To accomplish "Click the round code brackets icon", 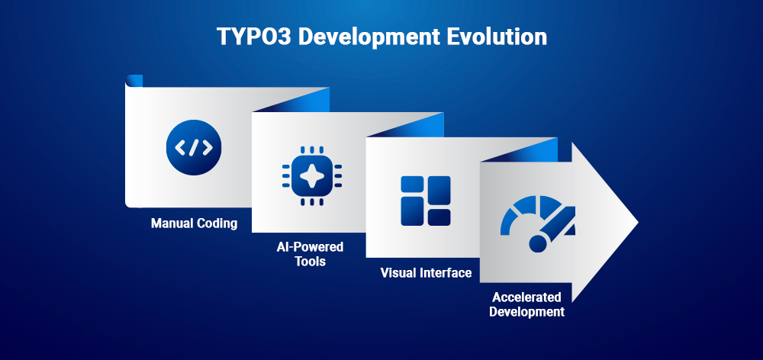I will point(194,147).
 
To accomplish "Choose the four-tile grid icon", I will point(426,201).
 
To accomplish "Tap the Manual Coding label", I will point(194,224).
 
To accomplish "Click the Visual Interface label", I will point(426,273).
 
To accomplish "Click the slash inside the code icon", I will point(194,147).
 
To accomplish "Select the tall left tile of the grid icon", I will point(412,201).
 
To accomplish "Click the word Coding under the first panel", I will point(217,224).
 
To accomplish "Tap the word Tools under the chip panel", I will point(310,262).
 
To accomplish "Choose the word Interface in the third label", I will point(446,273).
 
